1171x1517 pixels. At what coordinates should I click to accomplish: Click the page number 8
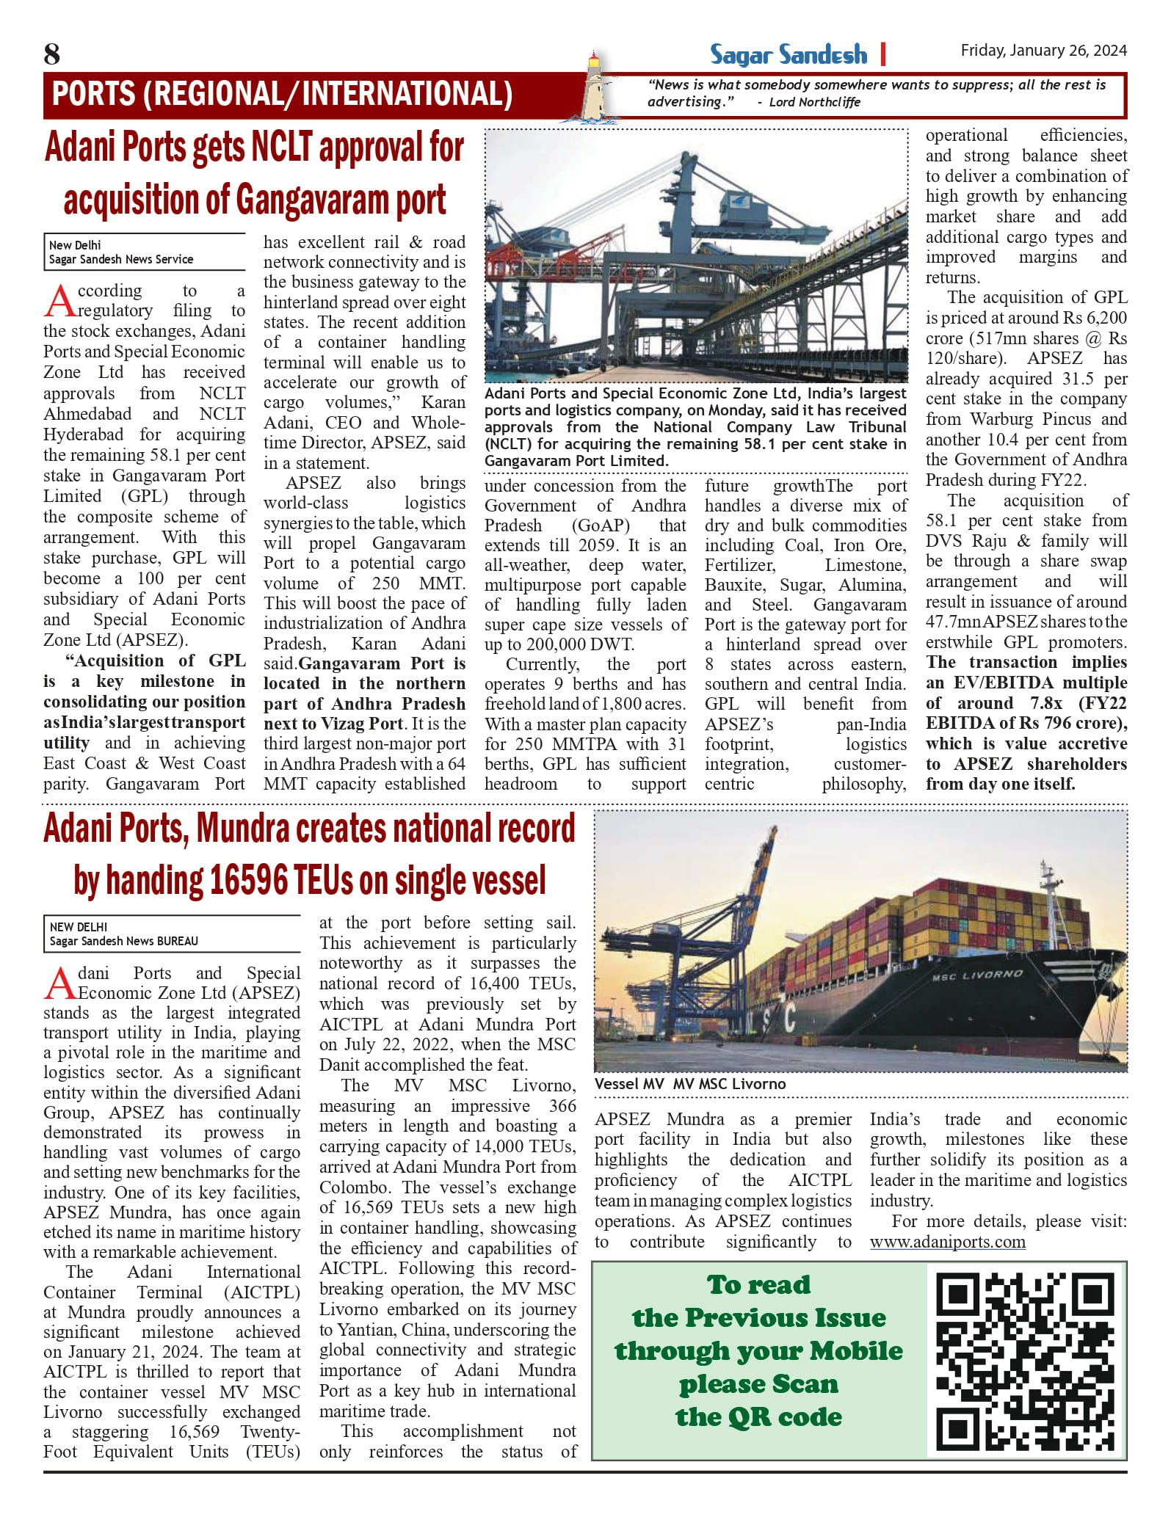pos(52,54)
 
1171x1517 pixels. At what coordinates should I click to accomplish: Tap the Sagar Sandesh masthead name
pos(788,55)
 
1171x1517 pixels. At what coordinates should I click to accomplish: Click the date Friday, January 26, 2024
pos(1043,51)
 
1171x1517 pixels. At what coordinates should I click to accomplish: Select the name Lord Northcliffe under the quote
pos(814,103)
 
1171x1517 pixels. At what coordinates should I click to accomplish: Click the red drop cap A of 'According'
pos(59,300)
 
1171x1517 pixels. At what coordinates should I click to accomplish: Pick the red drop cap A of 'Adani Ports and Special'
pos(59,983)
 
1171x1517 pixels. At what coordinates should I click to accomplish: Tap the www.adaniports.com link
pos(947,1242)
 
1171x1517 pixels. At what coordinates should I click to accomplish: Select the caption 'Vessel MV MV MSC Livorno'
pos(689,1084)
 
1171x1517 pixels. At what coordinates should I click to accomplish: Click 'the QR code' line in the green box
pos(758,1416)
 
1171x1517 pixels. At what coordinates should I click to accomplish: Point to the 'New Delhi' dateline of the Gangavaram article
pos(75,245)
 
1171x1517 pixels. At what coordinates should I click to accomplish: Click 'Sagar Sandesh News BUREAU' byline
pos(124,941)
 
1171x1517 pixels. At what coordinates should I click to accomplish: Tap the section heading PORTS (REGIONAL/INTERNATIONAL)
pos(282,95)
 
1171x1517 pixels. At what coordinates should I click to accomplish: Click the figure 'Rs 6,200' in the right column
pos(1093,318)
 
